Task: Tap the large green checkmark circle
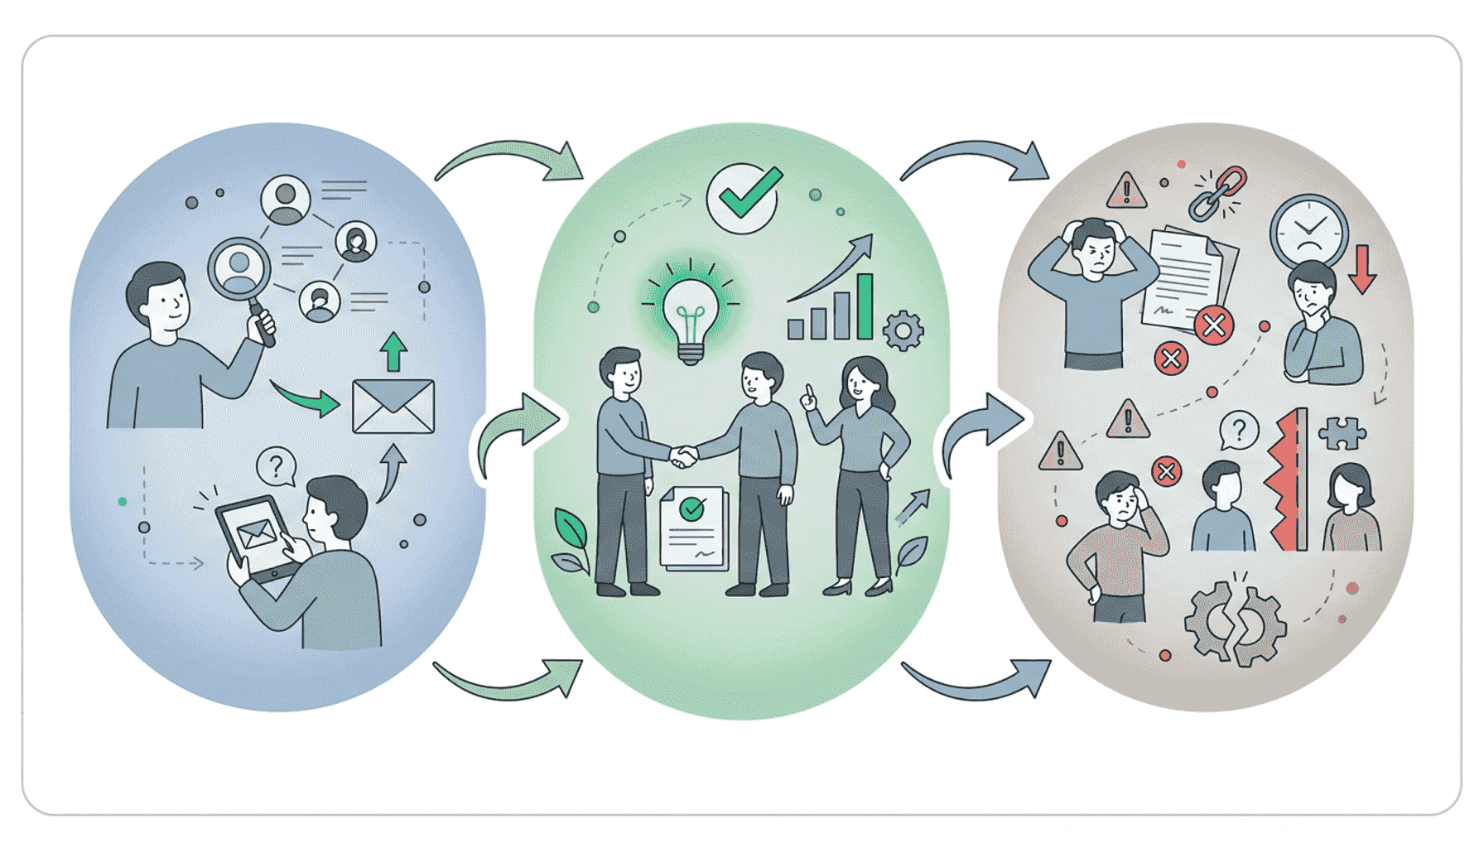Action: [x=743, y=199]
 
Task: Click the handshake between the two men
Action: [x=683, y=455]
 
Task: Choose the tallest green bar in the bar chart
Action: [x=865, y=306]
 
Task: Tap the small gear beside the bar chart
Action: [x=903, y=331]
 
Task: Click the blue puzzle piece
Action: [x=1342, y=432]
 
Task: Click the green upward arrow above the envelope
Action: [x=393, y=352]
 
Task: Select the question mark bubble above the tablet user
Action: [x=276, y=466]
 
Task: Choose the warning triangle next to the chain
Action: [x=1126, y=190]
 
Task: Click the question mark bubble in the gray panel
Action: [x=1239, y=431]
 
